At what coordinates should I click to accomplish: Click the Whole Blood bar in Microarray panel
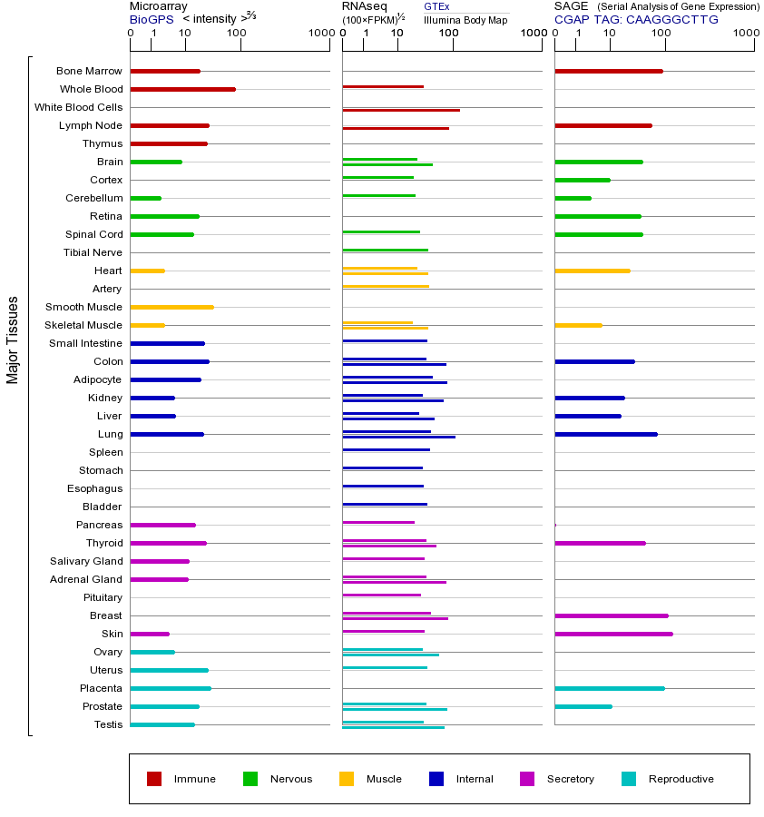pyautogui.click(x=182, y=89)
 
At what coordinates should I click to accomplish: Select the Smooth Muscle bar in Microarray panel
pyautogui.click(x=171, y=307)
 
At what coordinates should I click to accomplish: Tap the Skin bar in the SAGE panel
pyautogui.click(x=613, y=634)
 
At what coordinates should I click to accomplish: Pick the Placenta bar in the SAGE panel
pyautogui.click(x=609, y=688)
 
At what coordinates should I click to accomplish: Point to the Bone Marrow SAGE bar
pyautogui.click(x=608, y=71)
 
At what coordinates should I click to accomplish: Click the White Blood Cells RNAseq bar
pyautogui.click(x=400, y=110)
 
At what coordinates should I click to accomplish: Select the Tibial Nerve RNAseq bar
pyautogui.click(x=385, y=250)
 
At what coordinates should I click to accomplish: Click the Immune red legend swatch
pyautogui.click(x=154, y=779)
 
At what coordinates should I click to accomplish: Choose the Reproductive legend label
pyautogui.click(x=681, y=779)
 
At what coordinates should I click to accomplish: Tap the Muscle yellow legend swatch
pyautogui.click(x=347, y=779)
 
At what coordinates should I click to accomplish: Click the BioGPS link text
pyautogui.click(x=151, y=19)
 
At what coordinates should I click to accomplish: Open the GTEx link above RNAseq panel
pyautogui.click(x=436, y=6)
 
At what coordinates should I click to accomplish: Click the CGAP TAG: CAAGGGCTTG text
pyautogui.click(x=636, y=19)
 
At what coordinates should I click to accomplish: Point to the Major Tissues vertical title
pyautogui.click(x=13, y=339)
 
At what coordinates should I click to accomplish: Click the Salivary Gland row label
pyautogui.click(x=86, y=561)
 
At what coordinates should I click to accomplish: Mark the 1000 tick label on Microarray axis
pyautogui.click(x=320, y=34)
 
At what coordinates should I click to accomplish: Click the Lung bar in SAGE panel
pyautogui.click(x=605, y=434)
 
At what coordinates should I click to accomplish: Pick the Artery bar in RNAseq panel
pyautogui.click(x=386, y=286)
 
